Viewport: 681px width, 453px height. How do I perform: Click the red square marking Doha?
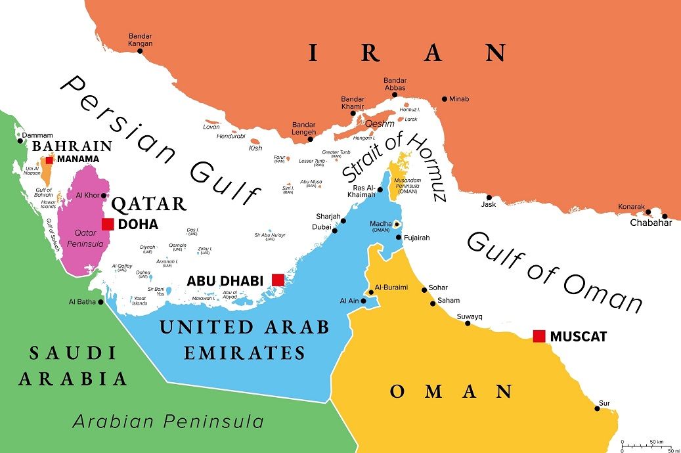click(x=108, y=224)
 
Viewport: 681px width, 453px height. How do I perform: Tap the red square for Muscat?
click(x=539, y=336)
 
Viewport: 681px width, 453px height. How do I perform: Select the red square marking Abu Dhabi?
click(x=278, y=280)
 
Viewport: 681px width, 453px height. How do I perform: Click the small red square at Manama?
click(x=49, y=160)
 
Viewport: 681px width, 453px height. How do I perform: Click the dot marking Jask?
click(x=489, y=197)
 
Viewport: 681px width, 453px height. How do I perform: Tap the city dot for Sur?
click(x=597, y=408)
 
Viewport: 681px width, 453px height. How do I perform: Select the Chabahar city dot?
click(x=665, y=216)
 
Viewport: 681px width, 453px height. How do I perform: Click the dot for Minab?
click(x=445, y=98)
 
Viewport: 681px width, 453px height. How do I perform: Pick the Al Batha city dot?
click(x=100, y=302)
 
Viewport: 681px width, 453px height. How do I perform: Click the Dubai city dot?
click(x=335, y=230)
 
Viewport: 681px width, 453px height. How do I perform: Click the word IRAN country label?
click(x=407, y=53)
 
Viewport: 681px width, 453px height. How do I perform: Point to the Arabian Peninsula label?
click(x=167, y=421)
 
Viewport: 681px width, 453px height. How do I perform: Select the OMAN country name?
click(x=450, y=392)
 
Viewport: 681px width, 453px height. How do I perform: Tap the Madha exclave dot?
click(x=397, y=224)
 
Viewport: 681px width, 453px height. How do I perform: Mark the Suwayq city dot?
click(x=467, y=323)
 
